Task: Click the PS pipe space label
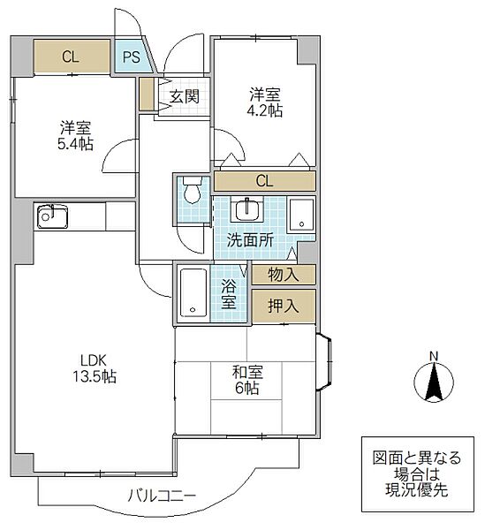click(x=132, y=57)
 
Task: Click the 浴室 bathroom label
click(x=228, y=293)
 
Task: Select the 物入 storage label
click(x=283, y=275)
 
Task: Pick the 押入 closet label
click(x=283, y=307)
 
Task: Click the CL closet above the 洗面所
click(x=264, y=182)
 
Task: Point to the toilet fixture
click(x=190, y=192)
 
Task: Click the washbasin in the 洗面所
click(x=246, y=211)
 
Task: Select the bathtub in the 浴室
click(x=193, y=292)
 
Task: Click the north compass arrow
click(x=433, y=382)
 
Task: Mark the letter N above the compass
click(x=433, y=356)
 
